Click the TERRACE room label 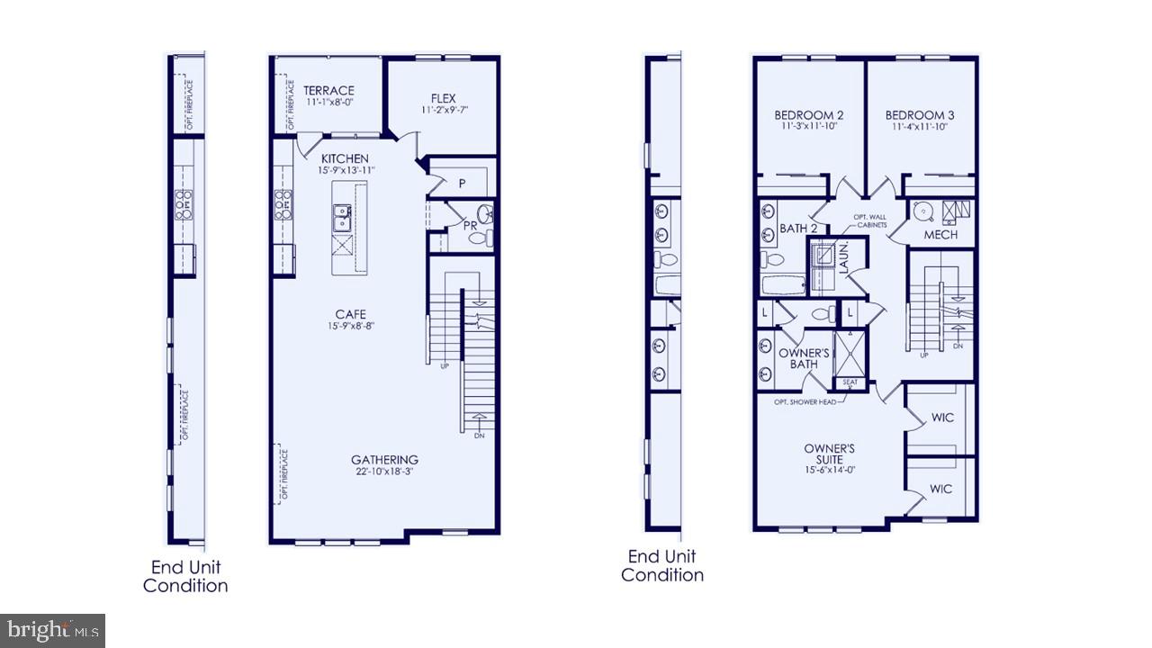tap(328, 91)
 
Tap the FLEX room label tap(444, 98)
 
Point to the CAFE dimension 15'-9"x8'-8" tap(350, 326)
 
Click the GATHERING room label tap(384, 459)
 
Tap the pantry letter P tap(462, 183)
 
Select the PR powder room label tap(469, 225)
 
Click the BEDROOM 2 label tap(809, 115)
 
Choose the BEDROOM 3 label tap(920, 115)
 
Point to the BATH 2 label tap(797, 229)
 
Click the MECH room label tap(940, 235)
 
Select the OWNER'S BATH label tap(804, 358)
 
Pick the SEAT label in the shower tap(850, 382)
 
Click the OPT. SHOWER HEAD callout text tap(810, 401)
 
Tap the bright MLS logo tap(52, 629)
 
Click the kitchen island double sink tap(342, 217)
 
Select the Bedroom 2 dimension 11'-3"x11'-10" tap(809, 127)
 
